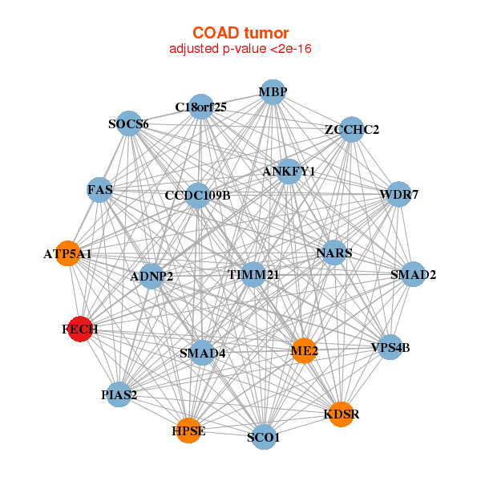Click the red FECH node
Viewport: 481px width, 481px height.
coord(79,329)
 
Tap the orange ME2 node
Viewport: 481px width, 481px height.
coord(304,350)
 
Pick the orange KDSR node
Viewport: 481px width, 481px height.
coord(341,414)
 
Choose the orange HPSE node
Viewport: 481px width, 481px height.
coord(189,430)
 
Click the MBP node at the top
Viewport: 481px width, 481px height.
coord(273,92)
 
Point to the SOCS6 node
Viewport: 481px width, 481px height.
coord(129,123)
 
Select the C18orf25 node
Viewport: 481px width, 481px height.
coord(200,107)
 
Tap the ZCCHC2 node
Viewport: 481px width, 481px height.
coord(351,129)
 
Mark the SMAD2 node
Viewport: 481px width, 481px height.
coord(413,275)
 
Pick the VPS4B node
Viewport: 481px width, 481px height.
coord(390,347)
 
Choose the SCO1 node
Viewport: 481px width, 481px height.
coord(264,438)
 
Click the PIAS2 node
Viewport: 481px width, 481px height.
coord(119,394)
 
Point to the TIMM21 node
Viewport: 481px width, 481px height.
coord(253,275)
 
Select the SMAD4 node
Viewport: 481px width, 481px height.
coord(202,353)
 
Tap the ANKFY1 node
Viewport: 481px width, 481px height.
coord(289,172)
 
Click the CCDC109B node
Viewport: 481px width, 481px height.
coord(197,195)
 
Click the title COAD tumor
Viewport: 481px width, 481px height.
coord(240,33)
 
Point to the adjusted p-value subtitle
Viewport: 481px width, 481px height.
coord(240,49)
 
